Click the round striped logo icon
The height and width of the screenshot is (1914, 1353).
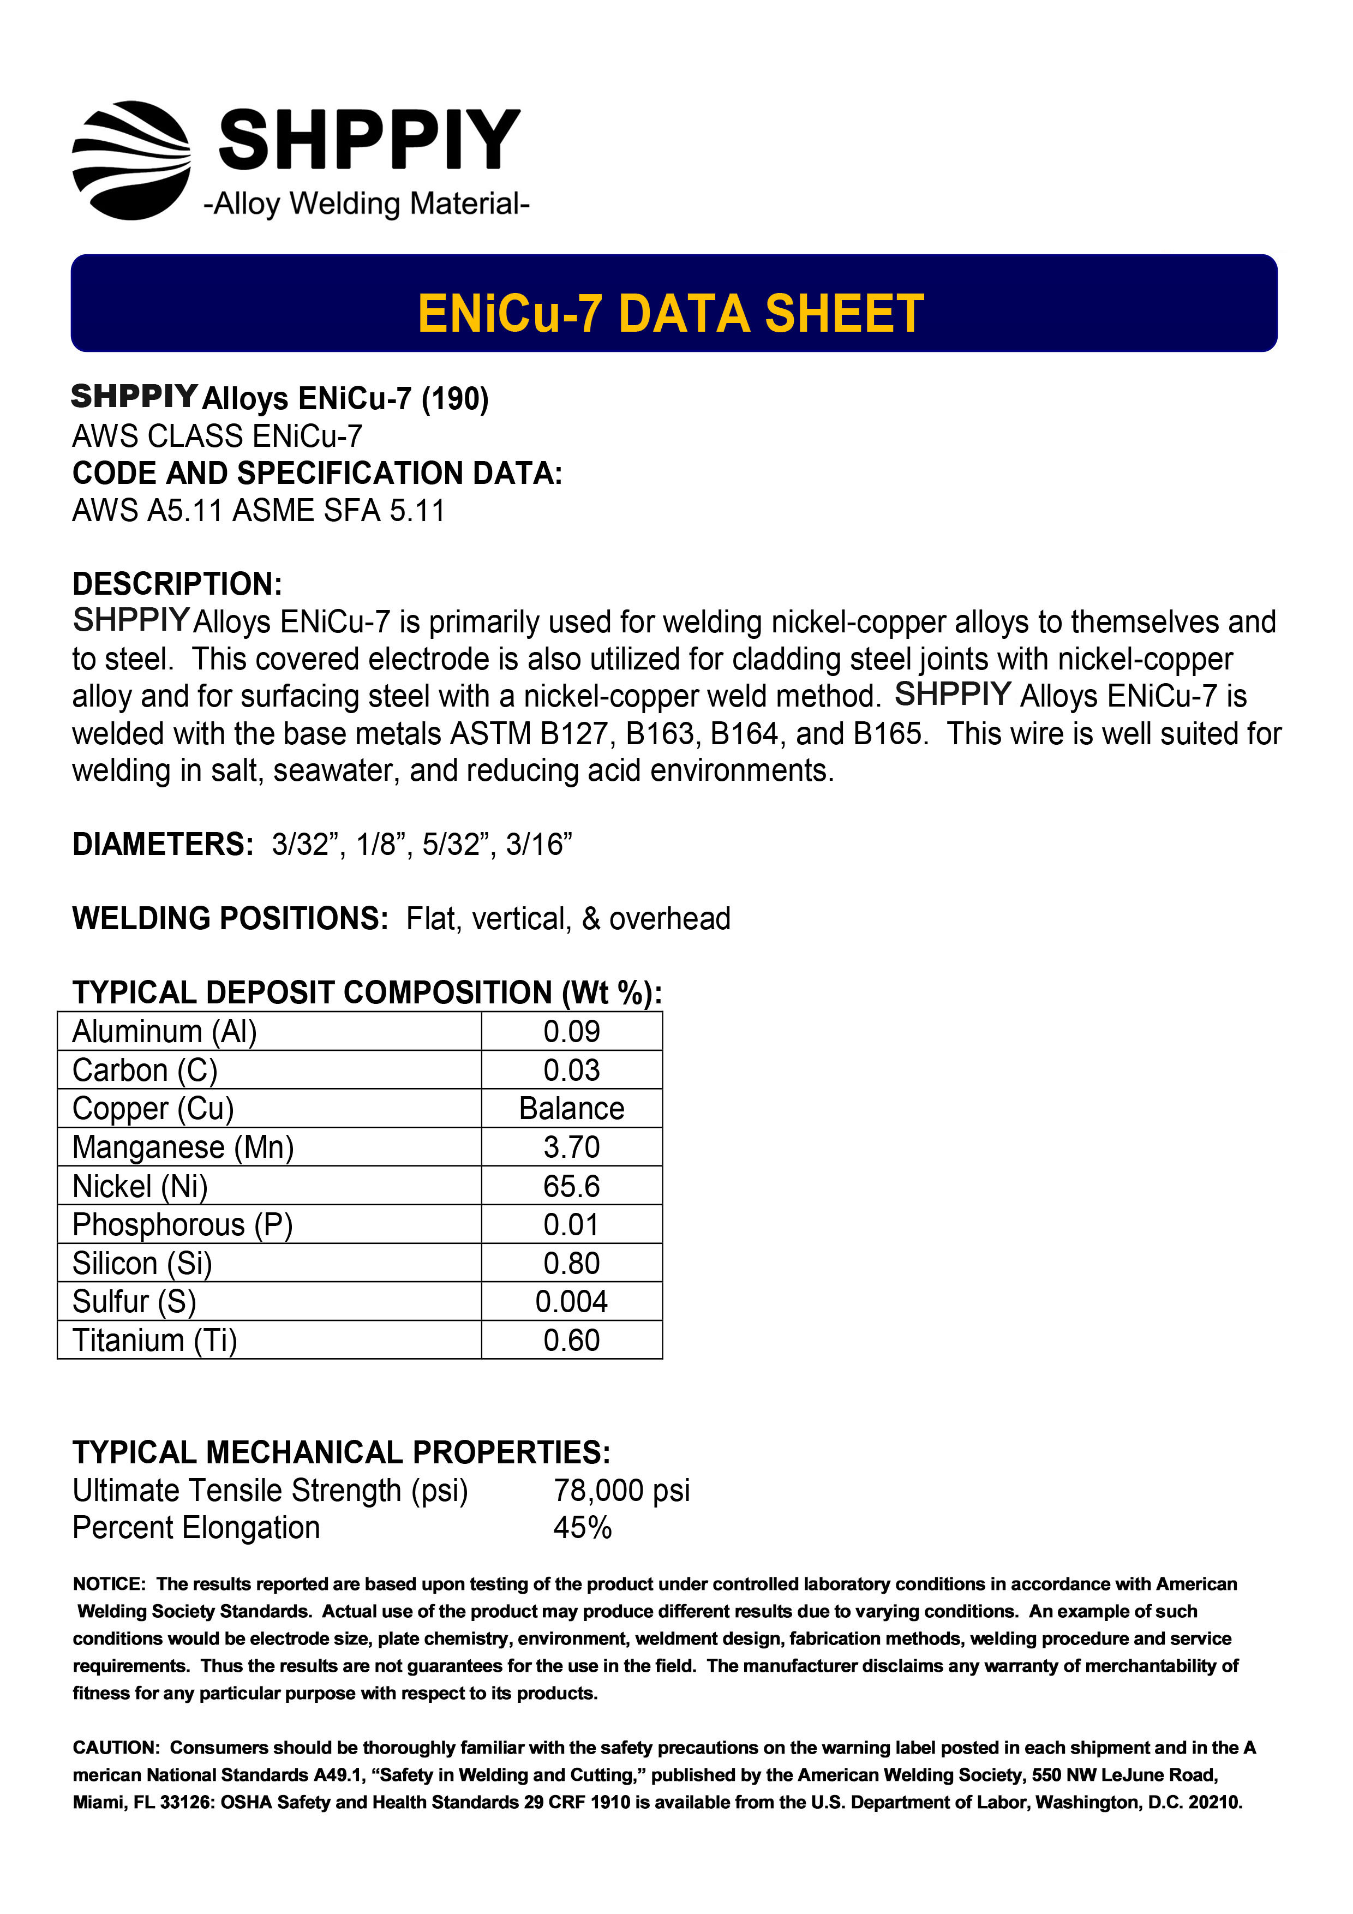pyautogui.click(x=131, y=160)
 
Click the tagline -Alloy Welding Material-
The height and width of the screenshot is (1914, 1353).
pyautogui.click(x=366, y=204)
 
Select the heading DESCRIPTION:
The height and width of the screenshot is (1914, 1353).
pyautogui.click(x=177, y=584)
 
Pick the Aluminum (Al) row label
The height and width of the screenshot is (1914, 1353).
pyautogui.click(x=164, y=1032)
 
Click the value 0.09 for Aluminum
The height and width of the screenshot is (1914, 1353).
pyautogui.click(x=571, y=1032)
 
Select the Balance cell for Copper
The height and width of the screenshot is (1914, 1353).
pyautogui.click(x=571, y=1109)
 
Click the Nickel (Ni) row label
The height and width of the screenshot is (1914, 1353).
pyautogui.click(x=140, y=1186)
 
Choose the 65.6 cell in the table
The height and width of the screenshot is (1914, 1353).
pyautogui.click(x=571, y=1186)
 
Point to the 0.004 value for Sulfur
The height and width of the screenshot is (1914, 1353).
pyautogui.click(x=571, y=1302)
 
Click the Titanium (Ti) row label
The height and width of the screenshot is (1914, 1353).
pyautogui.click(x=155, y=1341)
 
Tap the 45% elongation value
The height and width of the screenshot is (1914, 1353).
pyautogui.click(x=582, y=1528)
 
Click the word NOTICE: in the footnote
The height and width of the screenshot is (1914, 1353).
pyautogui.click(x=109, y=1584)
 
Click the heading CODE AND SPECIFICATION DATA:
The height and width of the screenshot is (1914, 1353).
pyautogui.click(x=317, y=474)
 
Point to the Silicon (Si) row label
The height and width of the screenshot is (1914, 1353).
pyautogui.click(x=142, y=1264)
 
